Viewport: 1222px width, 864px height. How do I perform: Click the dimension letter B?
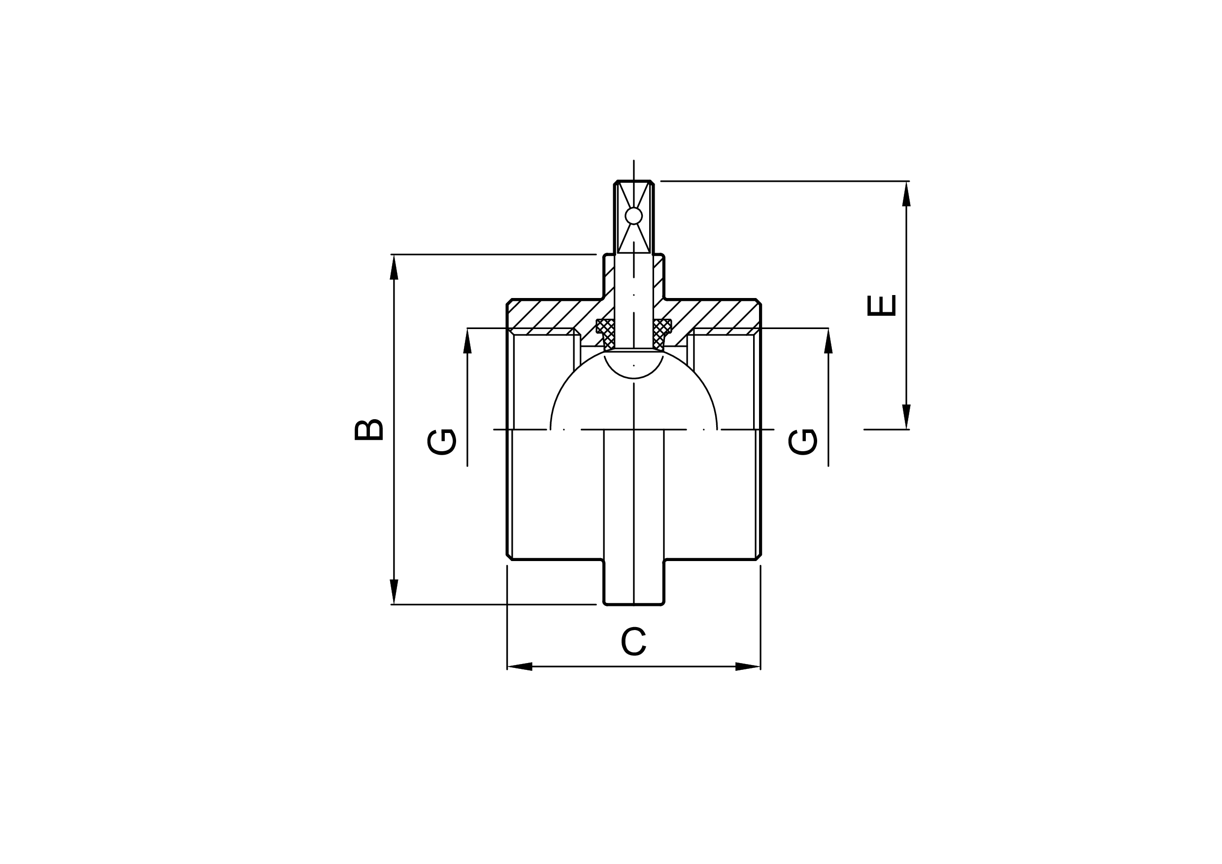[369, 430]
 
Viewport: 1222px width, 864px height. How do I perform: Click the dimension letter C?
[633, 641]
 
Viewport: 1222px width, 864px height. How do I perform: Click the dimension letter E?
[881, 305]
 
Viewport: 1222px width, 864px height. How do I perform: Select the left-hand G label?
[442, 442]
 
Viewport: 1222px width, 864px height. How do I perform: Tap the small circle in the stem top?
[633, 216]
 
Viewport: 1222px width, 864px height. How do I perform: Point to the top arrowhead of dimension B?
[394, 267]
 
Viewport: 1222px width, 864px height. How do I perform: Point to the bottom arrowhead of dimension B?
[394, 592]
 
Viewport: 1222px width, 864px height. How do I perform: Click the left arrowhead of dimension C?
[520, 666]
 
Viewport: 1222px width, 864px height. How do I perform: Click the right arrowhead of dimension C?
[748, 666]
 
